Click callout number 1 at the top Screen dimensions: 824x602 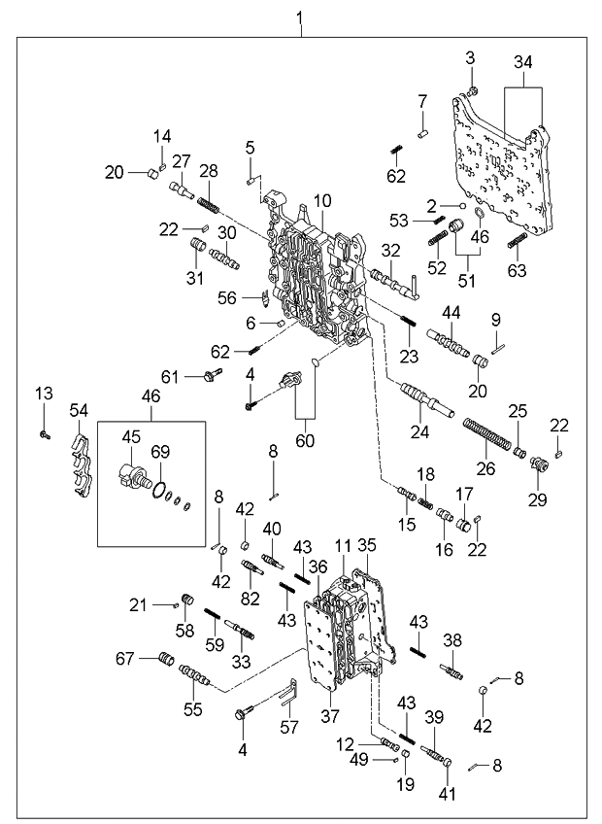(x=299, y=17)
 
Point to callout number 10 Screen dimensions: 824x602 (x=322, y=200)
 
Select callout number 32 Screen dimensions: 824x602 (x=389, y=251)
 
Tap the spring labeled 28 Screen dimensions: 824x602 (x=209, y=205)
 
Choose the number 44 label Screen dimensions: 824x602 (x=451, y=312)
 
